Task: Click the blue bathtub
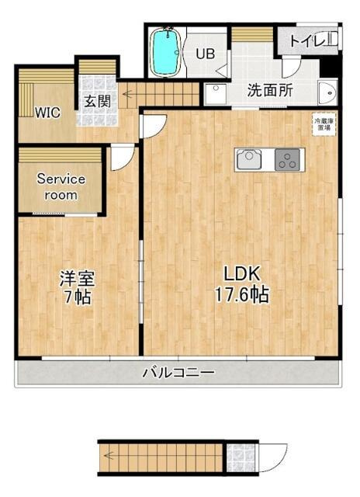point(164,54)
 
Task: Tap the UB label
point(205,54)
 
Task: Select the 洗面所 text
point(270,90)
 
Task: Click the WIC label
point(47,110)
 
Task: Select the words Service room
point(61,186)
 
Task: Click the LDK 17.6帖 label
point(246,284)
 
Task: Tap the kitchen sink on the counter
point(250,158)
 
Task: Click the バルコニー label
point(178,373)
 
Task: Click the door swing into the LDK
point(154,124)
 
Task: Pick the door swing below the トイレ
point(308,64)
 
